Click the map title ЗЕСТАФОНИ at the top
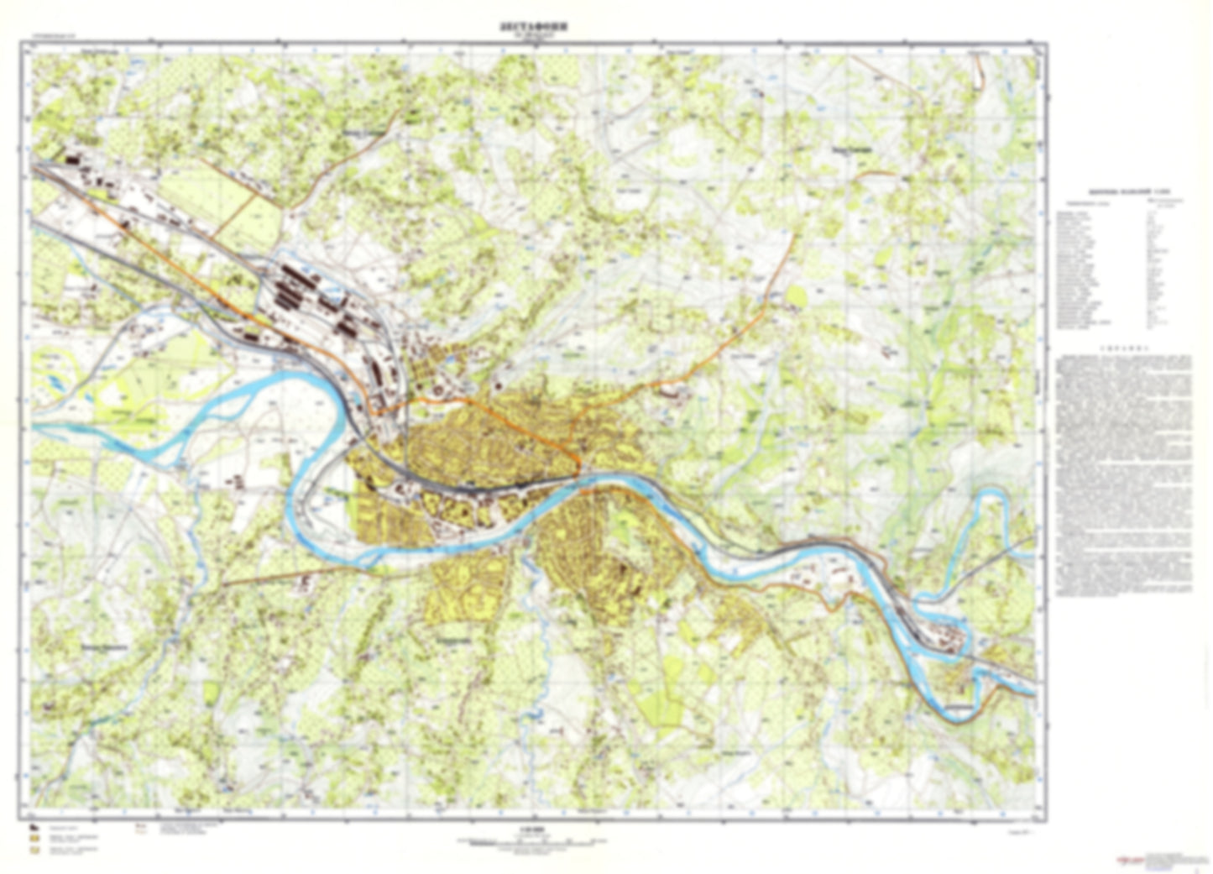pos(532,25)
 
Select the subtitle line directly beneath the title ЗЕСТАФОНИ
pos(532,35)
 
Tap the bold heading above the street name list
pos(1120,192)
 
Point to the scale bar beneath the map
pos(531,840)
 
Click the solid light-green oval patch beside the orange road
pos(796,296)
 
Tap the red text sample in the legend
pos(139,830)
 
